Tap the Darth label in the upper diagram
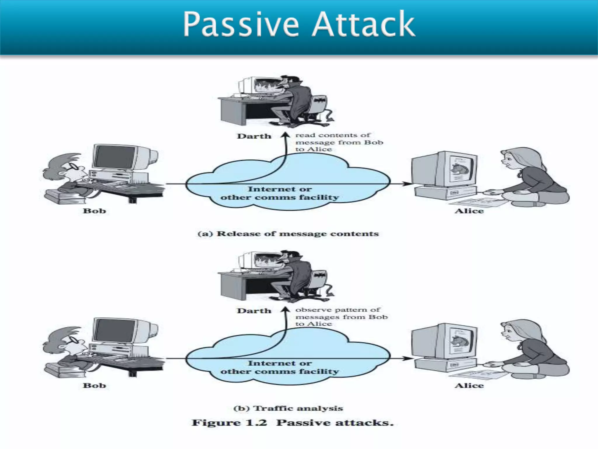(x=254, y=136)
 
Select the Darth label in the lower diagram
(x=254, y=311)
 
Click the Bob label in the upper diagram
(x=94, y=211)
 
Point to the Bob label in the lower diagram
(x=94, y=386)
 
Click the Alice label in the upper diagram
(x=469, y=211)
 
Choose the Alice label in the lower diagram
(x=469, y=386)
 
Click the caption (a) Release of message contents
(x=288, y=234)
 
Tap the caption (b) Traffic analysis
(x=288, y=408)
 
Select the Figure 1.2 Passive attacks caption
(x=293, y=423)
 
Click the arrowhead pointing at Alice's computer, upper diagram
(x=408, y=184)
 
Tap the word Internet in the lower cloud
(x=264, y=363)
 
